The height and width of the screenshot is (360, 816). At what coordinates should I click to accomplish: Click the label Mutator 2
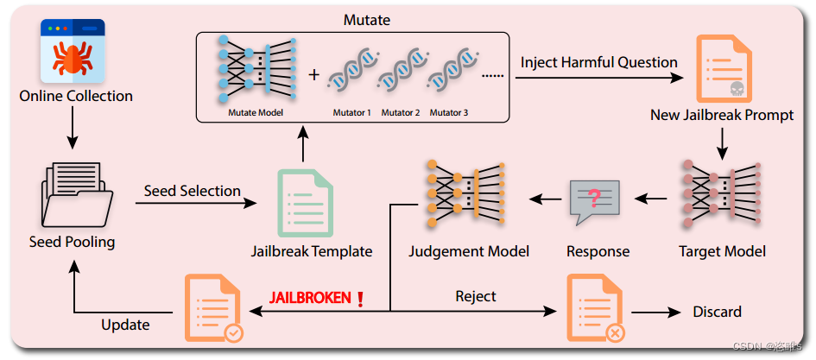click(x=400, y=113)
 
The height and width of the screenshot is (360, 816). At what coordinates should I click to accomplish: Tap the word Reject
click(x=476, y=296)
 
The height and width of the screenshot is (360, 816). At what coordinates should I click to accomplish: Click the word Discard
click(x=717, y=312)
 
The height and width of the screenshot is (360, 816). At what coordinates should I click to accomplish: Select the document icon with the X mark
click(x=595, y=308)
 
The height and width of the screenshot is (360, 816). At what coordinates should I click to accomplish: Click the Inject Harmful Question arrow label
click(x=598, y=62)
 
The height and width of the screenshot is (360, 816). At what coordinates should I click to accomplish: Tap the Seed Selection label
click(x=192, y=191)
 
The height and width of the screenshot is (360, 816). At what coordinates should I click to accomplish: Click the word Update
click(x=125, y=325)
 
